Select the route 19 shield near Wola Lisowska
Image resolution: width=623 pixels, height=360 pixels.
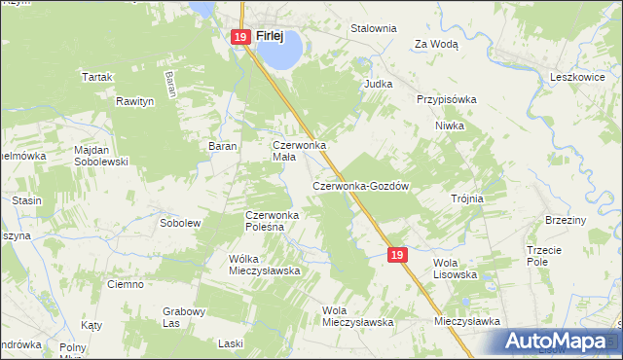pyautogui.click(x=396, y=254)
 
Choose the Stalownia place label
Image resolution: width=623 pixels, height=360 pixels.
pyautogui.click(x=374, y=29)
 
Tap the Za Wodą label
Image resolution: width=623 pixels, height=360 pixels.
pyautogui.click(x=436, y=44)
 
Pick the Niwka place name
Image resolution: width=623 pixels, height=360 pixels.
pyautogui.click(x=450, y=126)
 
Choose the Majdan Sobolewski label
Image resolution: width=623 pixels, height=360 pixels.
pyautogui.click(x=101, y=156)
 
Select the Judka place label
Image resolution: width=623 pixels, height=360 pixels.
pyautogui.click(x=378, y=84)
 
